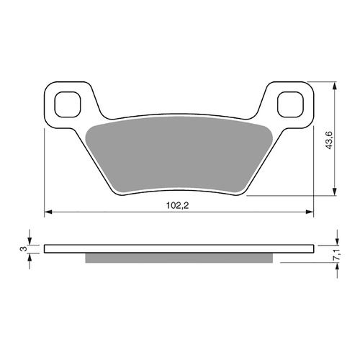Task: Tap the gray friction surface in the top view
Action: click(x=180, y=155)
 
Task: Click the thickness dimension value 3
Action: click(x=22, y=249)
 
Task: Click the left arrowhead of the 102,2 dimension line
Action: click(x=49, y=212)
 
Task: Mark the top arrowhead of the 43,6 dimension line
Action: click(x=336, y=86)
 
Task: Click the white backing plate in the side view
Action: click(x=180, y=249)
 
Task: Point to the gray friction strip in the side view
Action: click(x=180, y=258)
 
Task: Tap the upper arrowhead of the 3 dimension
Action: click(x=30, y=242)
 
